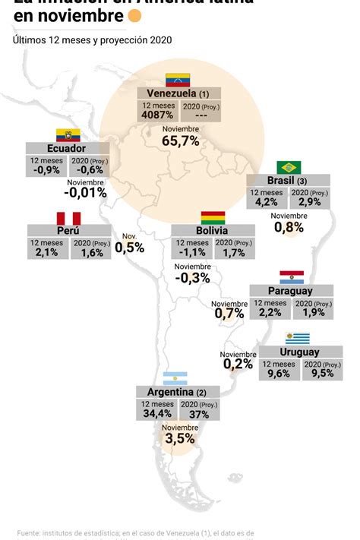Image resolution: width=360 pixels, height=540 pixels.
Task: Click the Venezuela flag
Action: [178, 80]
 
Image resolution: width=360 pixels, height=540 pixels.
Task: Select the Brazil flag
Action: [289, 167]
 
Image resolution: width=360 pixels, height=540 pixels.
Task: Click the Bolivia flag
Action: [213, 218]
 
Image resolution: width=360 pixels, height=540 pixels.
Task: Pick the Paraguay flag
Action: [292, 276]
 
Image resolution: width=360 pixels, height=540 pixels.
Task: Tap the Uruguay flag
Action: [298, 339]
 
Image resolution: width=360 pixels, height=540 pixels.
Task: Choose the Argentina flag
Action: [175, 378]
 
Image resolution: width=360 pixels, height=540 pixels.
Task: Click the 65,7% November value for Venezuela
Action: [180, 141]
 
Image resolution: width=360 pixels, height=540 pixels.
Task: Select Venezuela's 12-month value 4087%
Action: [158, 115]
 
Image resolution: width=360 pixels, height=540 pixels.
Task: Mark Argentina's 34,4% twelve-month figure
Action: [156, 414]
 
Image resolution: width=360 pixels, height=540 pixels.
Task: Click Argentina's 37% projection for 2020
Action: [200, 414]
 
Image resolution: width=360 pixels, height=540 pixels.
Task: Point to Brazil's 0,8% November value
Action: [289, 226]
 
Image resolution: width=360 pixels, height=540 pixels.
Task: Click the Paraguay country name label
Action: [291, 291]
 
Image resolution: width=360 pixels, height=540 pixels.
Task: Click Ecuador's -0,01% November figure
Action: [85, 193]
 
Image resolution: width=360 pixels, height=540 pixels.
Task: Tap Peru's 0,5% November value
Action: [129, 247]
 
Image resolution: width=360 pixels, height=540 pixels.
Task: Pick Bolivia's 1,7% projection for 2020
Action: [234, 252]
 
